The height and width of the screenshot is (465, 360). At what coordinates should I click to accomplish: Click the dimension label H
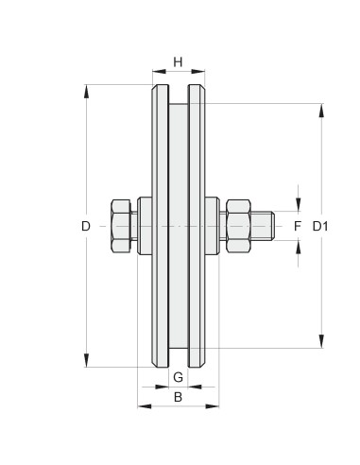click(x=178, y=62)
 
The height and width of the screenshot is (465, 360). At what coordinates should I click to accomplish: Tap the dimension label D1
click(x=320, y=226)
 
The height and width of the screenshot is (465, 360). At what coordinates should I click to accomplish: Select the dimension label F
click(x=298, y=226)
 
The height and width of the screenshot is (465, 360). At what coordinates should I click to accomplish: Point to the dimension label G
click(x=178, y=377)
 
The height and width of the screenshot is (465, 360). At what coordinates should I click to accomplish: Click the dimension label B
click(x=178, y=397)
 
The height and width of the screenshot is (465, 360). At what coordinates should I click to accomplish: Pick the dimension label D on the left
click(x=86, y=226)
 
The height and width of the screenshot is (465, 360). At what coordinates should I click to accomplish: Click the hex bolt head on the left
click(x=121, y=226)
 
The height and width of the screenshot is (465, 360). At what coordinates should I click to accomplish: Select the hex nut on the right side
click(x=238, y=226)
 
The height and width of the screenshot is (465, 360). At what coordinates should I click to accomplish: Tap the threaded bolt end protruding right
click(x=263, y=226)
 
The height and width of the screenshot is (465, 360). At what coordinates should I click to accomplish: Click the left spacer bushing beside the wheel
click(x=145, y=226)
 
